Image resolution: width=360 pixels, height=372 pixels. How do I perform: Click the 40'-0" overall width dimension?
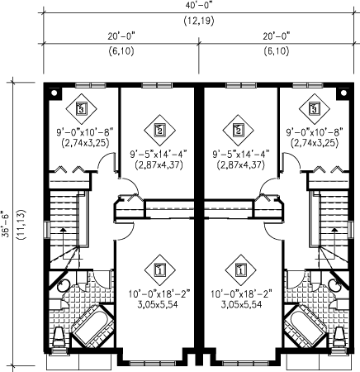199,6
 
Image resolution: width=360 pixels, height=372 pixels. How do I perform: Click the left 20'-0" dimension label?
121,36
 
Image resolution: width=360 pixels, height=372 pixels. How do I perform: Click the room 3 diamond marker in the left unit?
81,108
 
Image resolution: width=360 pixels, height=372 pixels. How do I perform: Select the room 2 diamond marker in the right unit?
239,130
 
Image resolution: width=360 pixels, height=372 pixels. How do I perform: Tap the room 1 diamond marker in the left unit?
160,269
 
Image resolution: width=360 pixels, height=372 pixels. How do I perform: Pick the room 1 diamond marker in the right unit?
241,269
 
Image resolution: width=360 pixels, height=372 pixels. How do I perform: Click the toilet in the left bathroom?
59,336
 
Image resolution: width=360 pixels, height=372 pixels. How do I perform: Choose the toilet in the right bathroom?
339,336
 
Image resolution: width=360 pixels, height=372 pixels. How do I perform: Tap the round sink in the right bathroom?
334,285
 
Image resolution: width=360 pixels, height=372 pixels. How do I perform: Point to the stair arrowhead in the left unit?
64,230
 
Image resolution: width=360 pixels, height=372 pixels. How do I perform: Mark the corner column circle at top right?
343,93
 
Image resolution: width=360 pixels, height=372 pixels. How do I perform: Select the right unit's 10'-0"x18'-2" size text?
241,294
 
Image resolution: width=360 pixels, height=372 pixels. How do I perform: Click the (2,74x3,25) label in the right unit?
315,143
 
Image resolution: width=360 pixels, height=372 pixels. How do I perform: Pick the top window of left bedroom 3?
91,85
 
